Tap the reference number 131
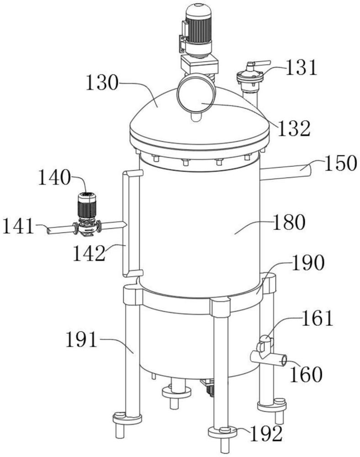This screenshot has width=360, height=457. pos(301,68)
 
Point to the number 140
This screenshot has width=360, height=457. pos(54,178)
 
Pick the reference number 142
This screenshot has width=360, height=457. pos(89,253)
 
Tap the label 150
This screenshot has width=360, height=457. pos(341,163)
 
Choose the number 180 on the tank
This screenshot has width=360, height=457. pos(289,223)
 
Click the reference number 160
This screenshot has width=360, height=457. pos(306,374)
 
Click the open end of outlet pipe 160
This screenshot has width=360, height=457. pos(283,361)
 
